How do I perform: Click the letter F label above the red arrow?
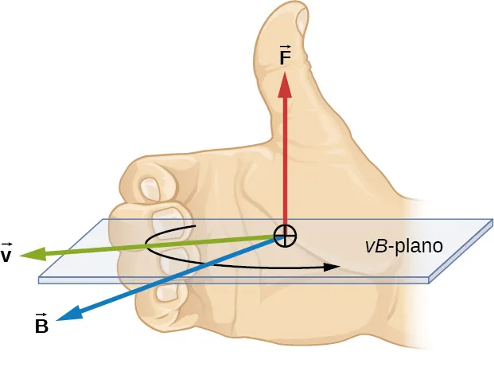pyautogui.click(x=285, y=59)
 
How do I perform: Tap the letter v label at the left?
pyautogui.click(x=7, y=256)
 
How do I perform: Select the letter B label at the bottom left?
pyautogui.click(x=41, y=325)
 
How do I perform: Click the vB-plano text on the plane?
pyautogui.click(x=403, y=245)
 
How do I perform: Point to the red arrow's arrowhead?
pyautogui.click(x=285, y=81)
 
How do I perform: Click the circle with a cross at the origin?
pyautogui.click(x=286, y=235)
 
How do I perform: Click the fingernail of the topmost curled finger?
pyautogui.click(x=150, y=188)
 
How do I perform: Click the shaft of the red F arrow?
pyautogui.click(x=285, y=159)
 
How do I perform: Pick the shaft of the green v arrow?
pyautogui.click(x=159, y=245)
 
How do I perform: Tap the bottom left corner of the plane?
pyautogui.click(x=40, y=280)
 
